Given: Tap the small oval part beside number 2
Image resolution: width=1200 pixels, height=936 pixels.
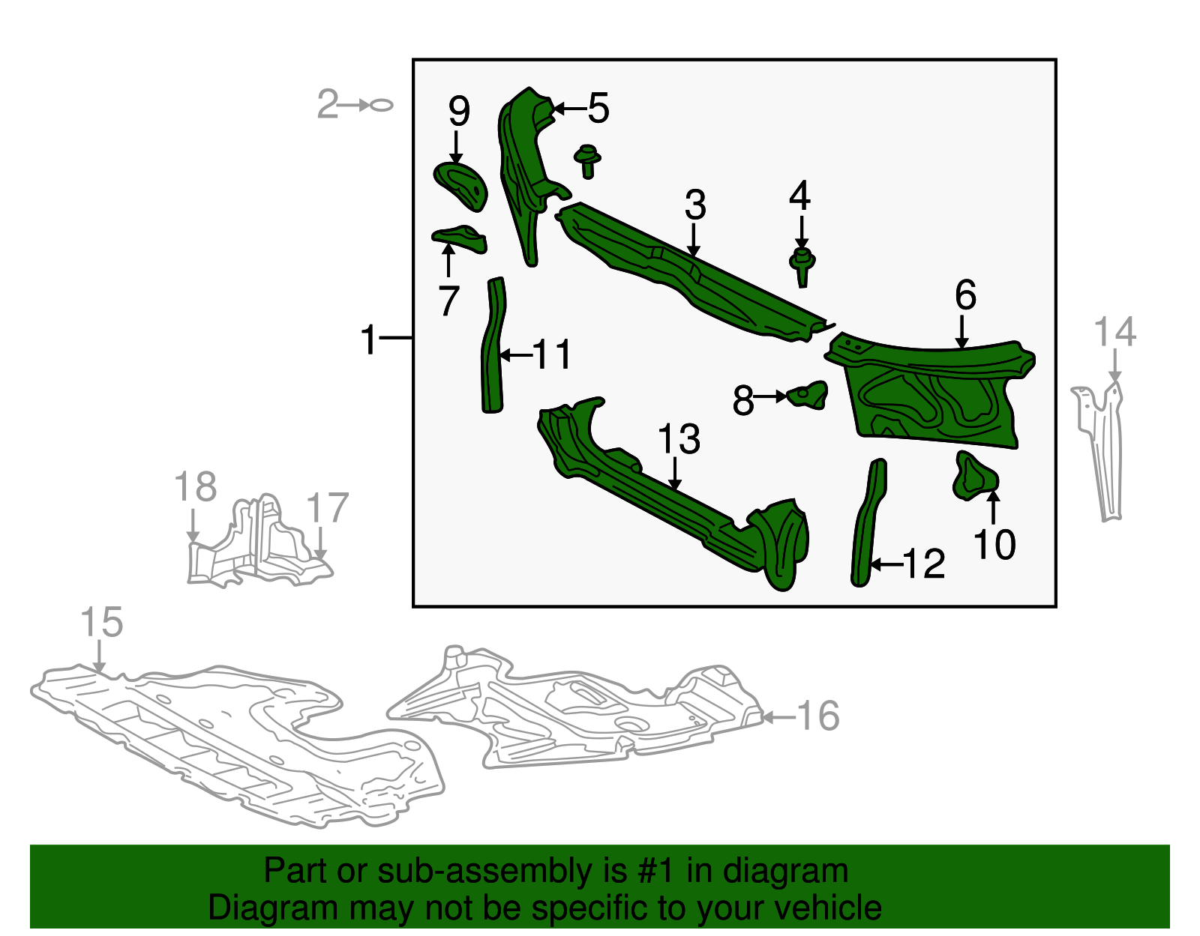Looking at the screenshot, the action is tap(381, 105).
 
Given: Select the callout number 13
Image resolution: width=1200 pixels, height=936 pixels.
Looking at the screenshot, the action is tap(679, 439).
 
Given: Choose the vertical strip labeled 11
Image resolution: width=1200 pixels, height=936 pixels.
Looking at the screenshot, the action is tap(493, 345).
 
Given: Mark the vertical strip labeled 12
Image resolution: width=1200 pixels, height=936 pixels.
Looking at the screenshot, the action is tap(868, 524).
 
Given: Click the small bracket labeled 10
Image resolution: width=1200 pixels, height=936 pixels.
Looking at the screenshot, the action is tap(975, 477).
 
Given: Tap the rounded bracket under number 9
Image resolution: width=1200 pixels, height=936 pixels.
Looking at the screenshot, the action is tap(461, 187).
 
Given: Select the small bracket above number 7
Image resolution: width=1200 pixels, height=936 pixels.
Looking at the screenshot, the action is tap(460, 239).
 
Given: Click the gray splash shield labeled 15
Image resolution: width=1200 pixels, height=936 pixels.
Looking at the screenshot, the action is tap(238, 745).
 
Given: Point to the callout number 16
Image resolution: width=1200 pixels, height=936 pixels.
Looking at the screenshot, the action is tap(818, 716).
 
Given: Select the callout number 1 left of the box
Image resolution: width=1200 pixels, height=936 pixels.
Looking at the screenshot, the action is tap(368, 339).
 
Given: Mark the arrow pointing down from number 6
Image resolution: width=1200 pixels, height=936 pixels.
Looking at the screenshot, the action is tap(962, 332).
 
